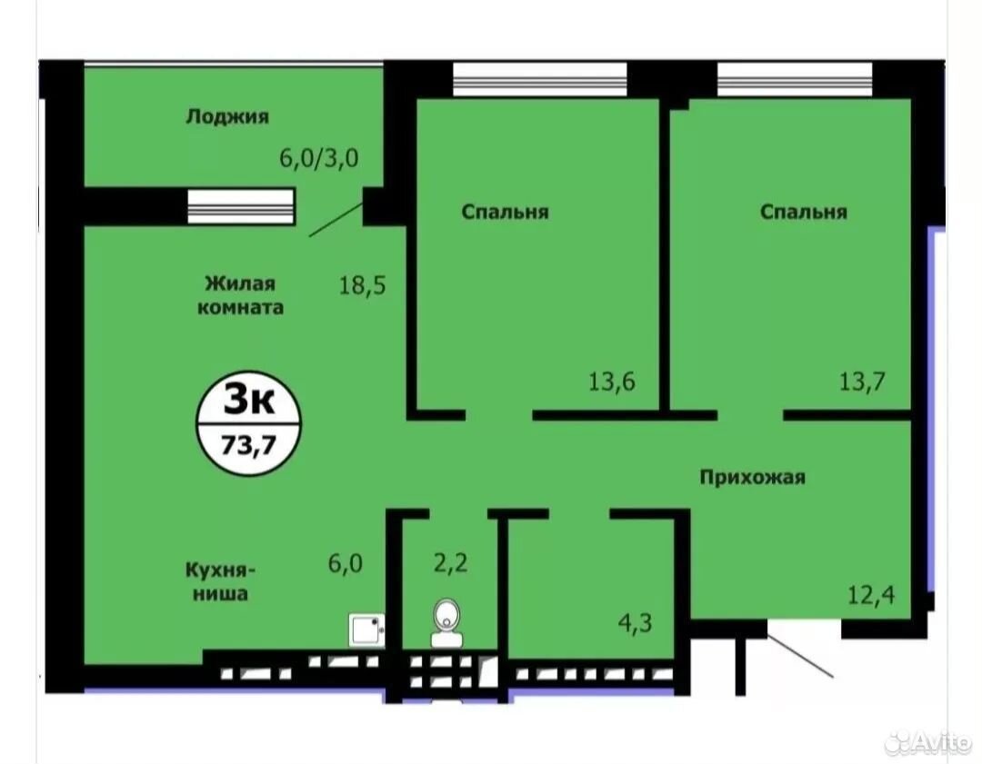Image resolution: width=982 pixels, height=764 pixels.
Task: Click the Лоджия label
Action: [x=227, y=117]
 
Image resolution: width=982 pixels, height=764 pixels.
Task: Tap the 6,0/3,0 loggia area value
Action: [x=319, y=158]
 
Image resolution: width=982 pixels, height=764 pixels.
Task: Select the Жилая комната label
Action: [x=240, y=295]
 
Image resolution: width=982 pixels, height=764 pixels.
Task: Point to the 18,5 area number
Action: [x=363, y=285]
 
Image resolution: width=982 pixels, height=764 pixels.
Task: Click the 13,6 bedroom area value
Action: [x=612, y=381]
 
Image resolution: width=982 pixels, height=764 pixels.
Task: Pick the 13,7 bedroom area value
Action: [x=862, y=381]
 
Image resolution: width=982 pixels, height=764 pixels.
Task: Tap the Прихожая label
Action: [x=752, y=478]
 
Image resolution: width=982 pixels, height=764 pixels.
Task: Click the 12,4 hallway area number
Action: [x=871, y=594]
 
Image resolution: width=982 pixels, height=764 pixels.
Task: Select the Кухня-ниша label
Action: [x=220, y=582]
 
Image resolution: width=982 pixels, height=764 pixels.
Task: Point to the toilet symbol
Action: [x=446, y=623]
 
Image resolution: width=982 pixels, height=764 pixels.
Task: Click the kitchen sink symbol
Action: [x=367, y=630]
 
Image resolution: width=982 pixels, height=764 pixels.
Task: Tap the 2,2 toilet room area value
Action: [x=451, y=563]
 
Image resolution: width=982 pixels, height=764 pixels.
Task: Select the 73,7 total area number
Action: [x=248, y=446]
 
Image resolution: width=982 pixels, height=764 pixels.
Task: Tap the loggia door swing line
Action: [x=336, y=219]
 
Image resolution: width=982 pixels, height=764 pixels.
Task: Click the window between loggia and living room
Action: [x=240, y=206]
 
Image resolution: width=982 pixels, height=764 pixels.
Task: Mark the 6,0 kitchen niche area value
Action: [x=346, y=564]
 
